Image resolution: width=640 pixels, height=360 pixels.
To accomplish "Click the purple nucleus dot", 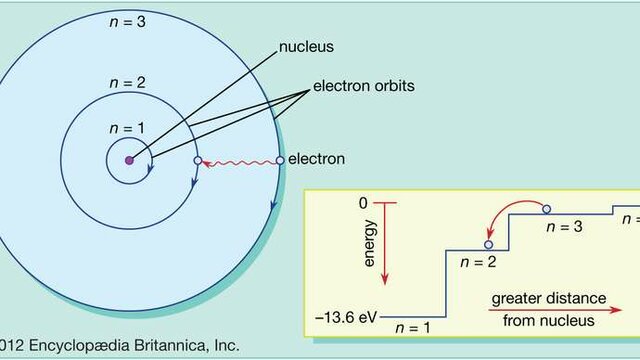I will [x=128, y=160].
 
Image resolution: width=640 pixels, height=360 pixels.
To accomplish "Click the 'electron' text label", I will [x=316, y=159].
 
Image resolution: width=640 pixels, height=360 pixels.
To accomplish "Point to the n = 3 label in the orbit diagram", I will [x=128, y=21].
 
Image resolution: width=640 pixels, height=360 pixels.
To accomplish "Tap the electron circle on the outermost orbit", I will [x=279, y=159].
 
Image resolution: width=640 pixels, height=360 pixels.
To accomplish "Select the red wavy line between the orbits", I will [x=237, y=160].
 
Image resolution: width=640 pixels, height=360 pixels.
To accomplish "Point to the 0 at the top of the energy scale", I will [x=365, y=203].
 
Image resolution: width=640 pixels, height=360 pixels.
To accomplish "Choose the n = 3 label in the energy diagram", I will [x=564, y=227].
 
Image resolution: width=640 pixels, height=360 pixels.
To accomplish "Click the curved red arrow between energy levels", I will [x=512, y=213].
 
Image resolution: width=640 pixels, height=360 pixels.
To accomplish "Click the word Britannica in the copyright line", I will [x=167, y=346].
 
